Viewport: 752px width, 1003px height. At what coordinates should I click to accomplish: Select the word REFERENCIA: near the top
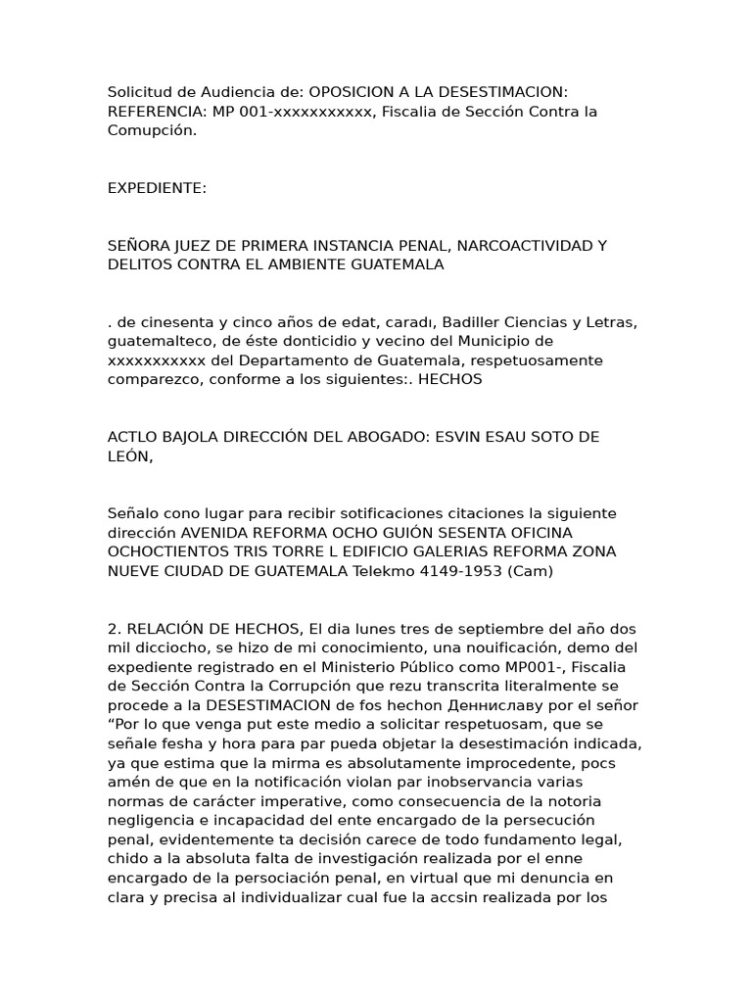(158, 112)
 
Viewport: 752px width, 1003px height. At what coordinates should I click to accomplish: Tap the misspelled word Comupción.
(153, 130)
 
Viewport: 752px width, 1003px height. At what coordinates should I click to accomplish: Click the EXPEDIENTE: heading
(157, 188)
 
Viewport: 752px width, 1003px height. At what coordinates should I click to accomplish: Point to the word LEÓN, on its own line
(130, 455)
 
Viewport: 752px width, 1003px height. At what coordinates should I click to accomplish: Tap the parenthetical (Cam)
(530, 571)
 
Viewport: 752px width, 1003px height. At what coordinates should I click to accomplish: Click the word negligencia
(151, 820)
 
